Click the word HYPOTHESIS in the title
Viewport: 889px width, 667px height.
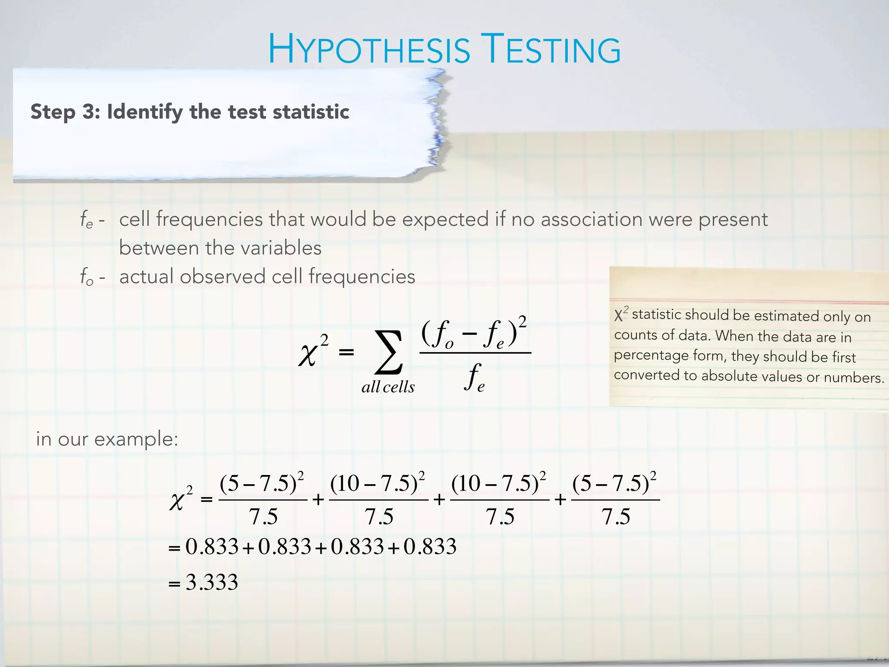pyautogui.click(x=369, y=50)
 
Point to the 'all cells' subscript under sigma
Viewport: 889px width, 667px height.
pyautogui.click(x=388, y=387)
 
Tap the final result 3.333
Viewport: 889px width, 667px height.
pyautogui.click(x=212, y=582)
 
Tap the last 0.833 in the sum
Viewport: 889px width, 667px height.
pyautogui.click(x=430, y=546)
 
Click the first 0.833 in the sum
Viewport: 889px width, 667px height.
pyautogui.click(x=212, y=546)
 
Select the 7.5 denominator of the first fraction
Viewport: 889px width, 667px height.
pyautogui.click(x=263, y=517)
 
